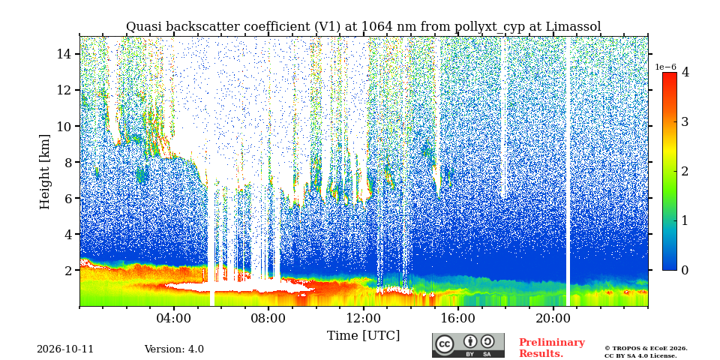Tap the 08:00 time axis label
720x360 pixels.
268,318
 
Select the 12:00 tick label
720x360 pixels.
363,318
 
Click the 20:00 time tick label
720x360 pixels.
553,318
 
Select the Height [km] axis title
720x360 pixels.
44,172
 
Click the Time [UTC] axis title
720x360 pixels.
363,335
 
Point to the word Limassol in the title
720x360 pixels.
574,27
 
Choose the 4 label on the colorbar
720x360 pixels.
685,72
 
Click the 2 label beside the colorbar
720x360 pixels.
685,171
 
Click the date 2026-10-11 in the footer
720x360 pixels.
65,349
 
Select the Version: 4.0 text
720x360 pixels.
174,349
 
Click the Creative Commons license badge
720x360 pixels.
468,345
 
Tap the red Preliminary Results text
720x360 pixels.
552,348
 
